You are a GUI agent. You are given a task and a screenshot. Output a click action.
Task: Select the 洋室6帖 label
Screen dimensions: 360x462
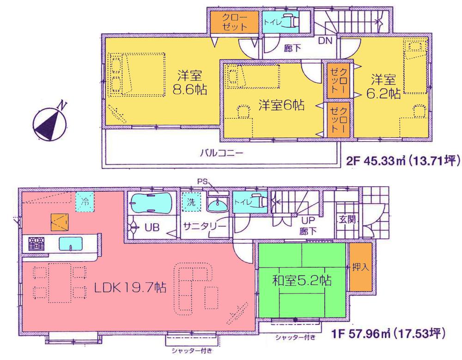click(274, 105)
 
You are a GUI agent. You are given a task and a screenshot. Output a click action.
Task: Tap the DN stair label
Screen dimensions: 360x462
click(325, 41)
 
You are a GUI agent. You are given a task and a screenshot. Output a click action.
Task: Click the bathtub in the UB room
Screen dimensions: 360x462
click(151, 202)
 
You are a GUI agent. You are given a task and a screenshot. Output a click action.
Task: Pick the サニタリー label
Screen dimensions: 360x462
click(205, 226)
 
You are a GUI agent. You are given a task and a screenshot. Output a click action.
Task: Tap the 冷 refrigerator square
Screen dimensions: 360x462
click(85, 201)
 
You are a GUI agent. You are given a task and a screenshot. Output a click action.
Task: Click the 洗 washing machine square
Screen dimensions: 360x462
click(190, 201)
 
